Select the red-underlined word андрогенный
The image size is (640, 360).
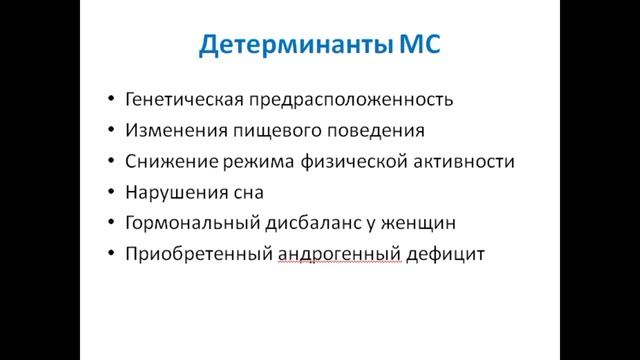339,255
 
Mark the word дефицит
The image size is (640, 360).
446,255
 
